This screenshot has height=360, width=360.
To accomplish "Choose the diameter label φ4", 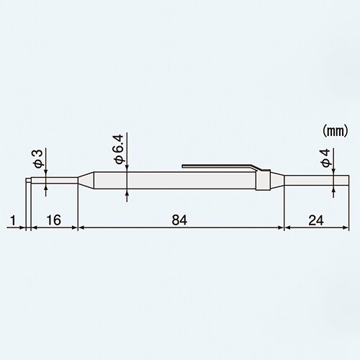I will (325, 159).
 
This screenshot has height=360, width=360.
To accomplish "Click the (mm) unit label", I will (333, 132).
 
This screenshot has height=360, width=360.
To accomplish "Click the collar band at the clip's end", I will (264, 179).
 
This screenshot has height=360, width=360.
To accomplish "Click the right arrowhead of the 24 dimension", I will (348, 227).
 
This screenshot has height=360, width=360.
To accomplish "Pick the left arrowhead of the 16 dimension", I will (31, 227).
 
